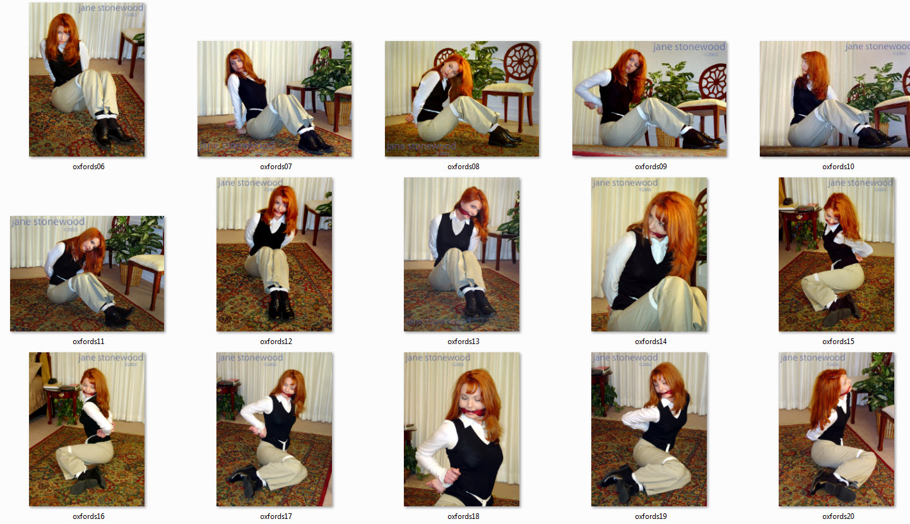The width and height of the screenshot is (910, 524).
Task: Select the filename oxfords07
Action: (x=276, y=167)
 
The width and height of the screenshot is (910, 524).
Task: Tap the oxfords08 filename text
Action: (x=463, y=167)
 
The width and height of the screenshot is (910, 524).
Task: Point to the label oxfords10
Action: (x=838, y=167)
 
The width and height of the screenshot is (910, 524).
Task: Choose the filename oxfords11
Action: (x=88, y=342)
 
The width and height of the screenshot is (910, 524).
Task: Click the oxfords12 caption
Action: (x=276, y=342)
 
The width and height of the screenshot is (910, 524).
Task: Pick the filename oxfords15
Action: (x=838, y=342)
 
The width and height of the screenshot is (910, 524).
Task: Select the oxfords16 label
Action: (x=88, y=516)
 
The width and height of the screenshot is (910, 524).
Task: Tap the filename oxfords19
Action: (x=651, y=516)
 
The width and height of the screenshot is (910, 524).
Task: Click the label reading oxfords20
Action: (x=838, y=516)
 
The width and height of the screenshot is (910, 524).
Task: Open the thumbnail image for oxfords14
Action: (x=649, y=254)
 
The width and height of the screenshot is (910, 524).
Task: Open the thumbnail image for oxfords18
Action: (x=462, y=429)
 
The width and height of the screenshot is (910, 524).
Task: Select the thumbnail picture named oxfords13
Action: (x=462, y=254)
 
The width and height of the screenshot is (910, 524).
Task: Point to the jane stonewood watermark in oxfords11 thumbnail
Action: (x=48, y=222)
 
